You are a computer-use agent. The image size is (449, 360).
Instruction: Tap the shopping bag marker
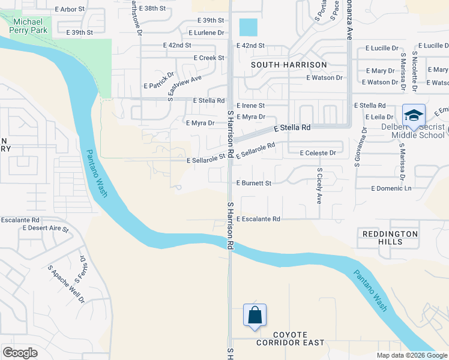[x=255, y=316]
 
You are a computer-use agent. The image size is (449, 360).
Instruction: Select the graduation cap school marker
[x=414, y=116]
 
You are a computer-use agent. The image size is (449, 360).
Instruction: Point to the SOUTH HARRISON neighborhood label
[x=289, y=65]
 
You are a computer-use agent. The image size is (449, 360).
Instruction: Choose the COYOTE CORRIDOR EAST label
[x=290, y=338]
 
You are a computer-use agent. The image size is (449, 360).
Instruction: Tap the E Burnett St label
[x=254, y=182]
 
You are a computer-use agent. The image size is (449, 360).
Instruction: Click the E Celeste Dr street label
[x=318, y=153]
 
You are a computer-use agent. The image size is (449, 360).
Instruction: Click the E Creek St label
[x=208, y=58]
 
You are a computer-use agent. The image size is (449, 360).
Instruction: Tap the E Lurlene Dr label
[x=205, y=32]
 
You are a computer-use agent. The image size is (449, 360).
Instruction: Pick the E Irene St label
[x=250, y=105]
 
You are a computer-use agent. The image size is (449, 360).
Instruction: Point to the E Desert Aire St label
[x=46, y=229]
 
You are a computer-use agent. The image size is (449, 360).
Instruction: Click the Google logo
[x=20, y=353]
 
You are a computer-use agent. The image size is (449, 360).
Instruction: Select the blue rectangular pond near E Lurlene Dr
[x=247, y=28]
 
